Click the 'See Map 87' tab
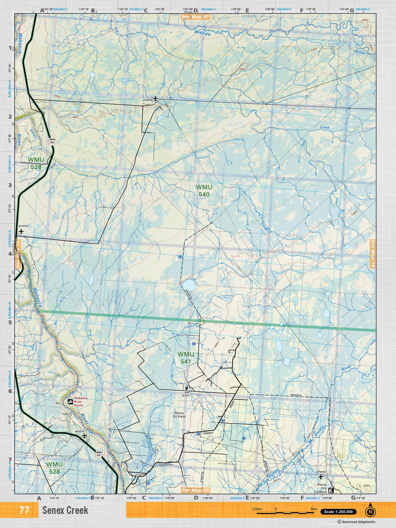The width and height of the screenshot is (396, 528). pos(196,16)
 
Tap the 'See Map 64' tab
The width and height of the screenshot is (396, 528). pos(196,490)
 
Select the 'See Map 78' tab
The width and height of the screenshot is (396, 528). pos(373,253)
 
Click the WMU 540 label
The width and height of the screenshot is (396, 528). pos(204,191)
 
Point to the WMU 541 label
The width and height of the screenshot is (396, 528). pos(186,358)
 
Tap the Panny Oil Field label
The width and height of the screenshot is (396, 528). pos(179,414)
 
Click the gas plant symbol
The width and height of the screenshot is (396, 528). pos(186,387)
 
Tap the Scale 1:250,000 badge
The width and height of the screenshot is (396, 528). pos(338,512)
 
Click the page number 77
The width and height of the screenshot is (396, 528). pos(24,510)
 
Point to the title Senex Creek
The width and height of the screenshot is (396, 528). pos(65,510)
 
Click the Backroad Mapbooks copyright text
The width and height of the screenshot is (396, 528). pos(356,522)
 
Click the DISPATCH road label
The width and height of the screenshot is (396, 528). pos(166,465)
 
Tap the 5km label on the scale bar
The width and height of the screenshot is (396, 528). pos(314,509)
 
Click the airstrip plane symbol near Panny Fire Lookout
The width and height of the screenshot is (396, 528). pos(320,477)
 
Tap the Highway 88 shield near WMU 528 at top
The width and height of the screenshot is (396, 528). pos(52,142)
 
